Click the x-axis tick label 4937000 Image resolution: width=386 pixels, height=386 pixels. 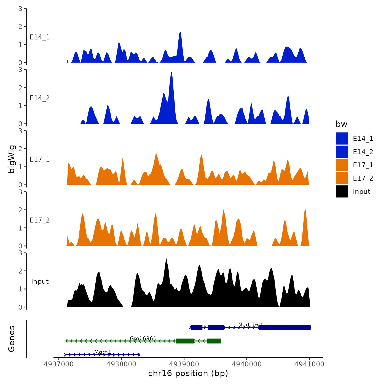tap(59, 364)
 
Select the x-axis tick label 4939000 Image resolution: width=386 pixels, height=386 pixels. tap(184, 364)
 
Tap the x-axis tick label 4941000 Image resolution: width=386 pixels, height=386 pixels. tap(309, 364)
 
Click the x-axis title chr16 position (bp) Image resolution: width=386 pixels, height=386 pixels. tap(188, 373)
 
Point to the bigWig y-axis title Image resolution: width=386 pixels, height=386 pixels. tap(12, 159)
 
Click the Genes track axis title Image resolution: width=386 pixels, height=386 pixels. tap(12, 339)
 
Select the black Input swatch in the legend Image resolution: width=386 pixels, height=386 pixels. tap(342, 192)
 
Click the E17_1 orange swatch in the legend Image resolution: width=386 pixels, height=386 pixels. tap(342, 165)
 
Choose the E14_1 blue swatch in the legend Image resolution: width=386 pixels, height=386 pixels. tap(342, 138)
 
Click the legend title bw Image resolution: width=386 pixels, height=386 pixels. tap(341, 124)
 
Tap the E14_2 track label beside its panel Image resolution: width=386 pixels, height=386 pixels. tap(40, 98)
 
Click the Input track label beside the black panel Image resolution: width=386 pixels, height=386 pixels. tap(40, 282)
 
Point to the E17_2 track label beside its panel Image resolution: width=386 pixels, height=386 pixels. tap(40, 220)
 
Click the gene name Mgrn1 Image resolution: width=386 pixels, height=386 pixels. tap(103, 352)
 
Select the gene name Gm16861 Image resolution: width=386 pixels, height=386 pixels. tap(143, 338)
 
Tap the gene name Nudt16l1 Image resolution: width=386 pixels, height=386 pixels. tap(250, 325)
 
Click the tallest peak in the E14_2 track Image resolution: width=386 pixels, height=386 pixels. tap(171, 73)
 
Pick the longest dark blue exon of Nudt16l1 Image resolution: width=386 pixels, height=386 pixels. tap(285, 327)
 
